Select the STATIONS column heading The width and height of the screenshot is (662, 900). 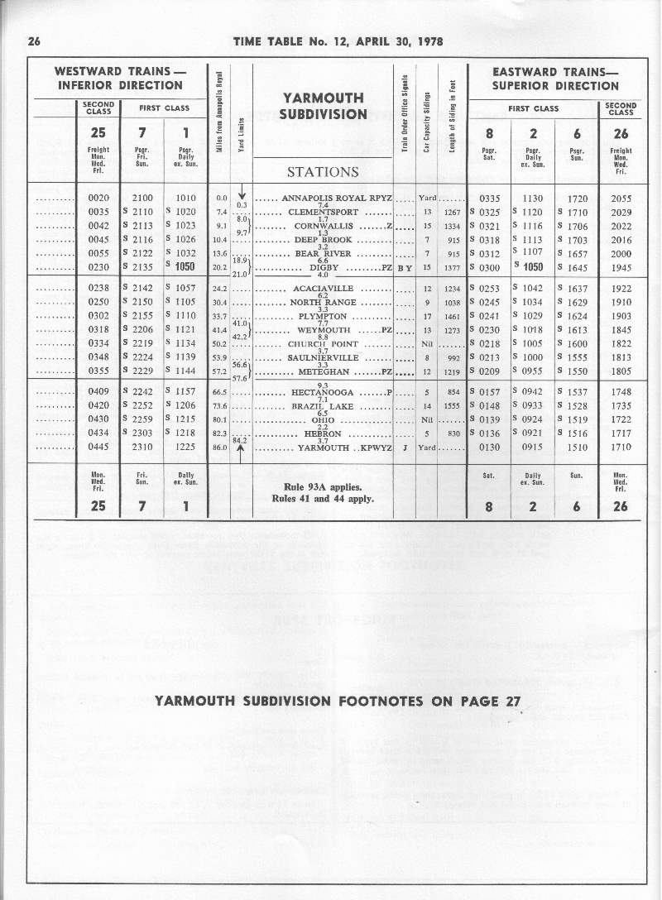pyautogui.click(x=322, y=172)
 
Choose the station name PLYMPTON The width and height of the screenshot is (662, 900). pyautogui.click(x=322, y=316)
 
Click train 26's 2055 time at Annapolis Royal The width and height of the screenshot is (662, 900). pyautogui.click(x=621, y=199)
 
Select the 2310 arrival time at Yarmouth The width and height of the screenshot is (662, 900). pyautogui.click(x=145, y=446)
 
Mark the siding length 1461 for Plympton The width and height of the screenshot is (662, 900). pyautogui.click(x=452, y=316)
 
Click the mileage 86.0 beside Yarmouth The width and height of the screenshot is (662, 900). pyautogui.click(x=220, y=447)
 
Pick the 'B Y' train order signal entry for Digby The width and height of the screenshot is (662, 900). pyautogui.click(x=405, y=268)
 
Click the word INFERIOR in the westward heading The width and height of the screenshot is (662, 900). pyautogui.click(x=89, y=85)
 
